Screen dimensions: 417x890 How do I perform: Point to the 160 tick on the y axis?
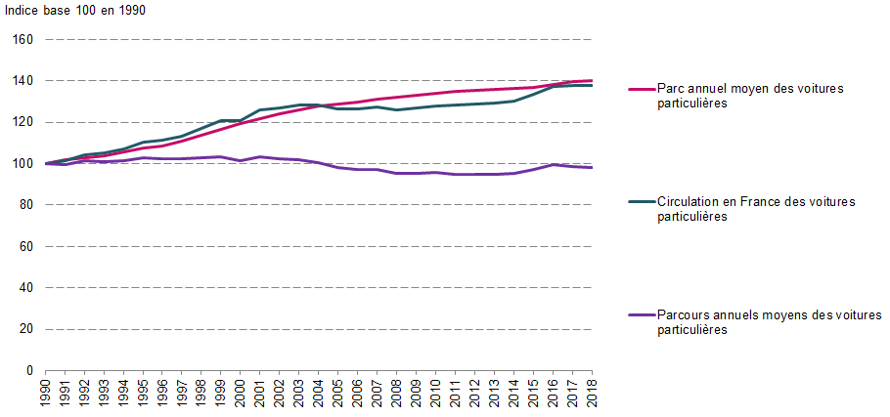23,40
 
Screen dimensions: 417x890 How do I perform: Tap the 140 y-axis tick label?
23,81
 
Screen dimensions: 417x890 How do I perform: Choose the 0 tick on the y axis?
30,371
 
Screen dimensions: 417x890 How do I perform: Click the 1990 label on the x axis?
45,396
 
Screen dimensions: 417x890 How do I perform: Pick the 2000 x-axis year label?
241,396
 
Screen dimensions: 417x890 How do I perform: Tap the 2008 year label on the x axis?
397,396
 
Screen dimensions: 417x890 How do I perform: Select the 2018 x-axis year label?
593,396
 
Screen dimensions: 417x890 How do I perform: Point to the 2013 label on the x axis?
495,396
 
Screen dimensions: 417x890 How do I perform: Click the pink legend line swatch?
640,88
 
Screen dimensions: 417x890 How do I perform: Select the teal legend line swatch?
640,201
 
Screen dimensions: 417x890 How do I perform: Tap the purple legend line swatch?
640,314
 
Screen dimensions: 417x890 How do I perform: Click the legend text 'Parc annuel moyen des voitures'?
750,88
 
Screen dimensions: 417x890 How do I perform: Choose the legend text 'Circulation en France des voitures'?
756,201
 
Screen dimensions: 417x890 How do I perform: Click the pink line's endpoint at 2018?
593,80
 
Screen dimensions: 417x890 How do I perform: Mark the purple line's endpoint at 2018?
593,168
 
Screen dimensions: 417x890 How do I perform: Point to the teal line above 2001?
260,110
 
